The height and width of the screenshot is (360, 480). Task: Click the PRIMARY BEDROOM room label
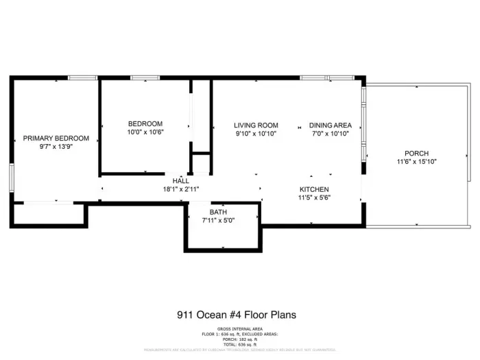56,139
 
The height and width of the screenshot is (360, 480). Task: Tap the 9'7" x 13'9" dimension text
56,147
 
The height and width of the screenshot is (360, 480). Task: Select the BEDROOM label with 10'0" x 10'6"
145,123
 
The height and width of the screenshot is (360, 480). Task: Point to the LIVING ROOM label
256,125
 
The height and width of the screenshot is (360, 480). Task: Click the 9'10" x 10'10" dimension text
256,134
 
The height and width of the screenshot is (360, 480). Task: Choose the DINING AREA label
331,125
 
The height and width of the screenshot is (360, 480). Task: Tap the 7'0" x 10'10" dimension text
331,134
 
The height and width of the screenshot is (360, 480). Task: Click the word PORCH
416,153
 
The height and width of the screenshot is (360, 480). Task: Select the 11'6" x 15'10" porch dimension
416,162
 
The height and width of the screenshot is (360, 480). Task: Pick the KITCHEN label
314,189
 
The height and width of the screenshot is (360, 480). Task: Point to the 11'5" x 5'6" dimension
314,197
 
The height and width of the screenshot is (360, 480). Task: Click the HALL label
181,180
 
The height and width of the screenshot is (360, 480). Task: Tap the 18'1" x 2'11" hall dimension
181,189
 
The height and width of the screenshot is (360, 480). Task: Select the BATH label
218,212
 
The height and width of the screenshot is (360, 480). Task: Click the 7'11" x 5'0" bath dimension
218,221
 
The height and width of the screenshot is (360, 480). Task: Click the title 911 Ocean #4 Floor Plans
237,315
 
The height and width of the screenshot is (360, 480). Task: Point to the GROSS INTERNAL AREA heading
237,330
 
